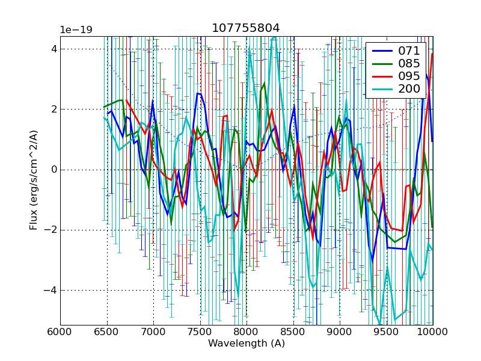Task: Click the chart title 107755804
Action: coord(246,28)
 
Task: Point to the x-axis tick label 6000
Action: coord(60,333)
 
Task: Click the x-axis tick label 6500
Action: coord(107,333)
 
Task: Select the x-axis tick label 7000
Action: coord(153,333)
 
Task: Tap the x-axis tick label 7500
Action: coord(200,333)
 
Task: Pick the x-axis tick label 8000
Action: coord(247,333)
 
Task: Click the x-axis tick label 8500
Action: coord(293,333)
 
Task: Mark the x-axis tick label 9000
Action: coord(340,333)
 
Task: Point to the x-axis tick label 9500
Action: coord(387,333)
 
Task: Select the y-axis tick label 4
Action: coord(53,49)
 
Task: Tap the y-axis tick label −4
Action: coord(51,290)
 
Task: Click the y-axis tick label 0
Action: coord(53,170)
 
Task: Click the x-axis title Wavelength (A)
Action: coord(247,344)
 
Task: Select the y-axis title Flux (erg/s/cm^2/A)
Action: coord(34,180)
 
